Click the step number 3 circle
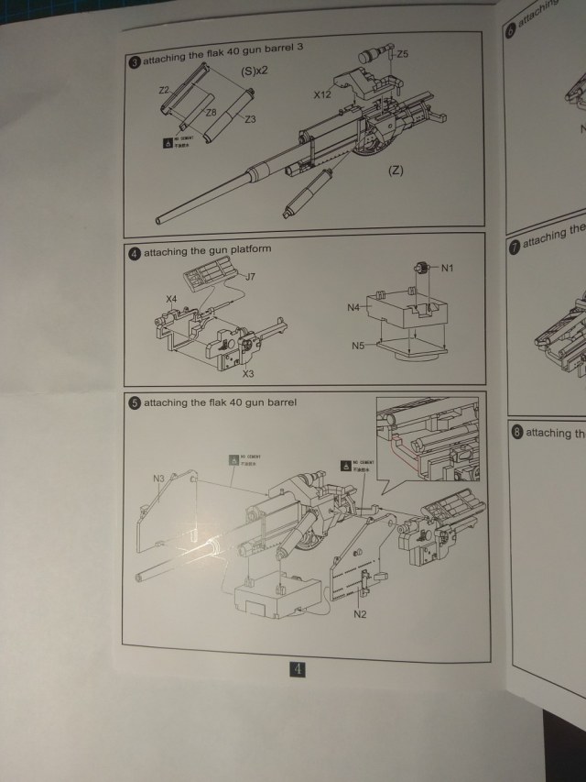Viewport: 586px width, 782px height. pos(136,61)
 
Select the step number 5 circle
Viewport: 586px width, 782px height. pos(135,402)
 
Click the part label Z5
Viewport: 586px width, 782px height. pos(403,54)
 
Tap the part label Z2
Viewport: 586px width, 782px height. pos(165,91)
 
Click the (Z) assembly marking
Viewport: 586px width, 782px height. pos(396,171)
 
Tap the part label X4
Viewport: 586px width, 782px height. pos(171,299)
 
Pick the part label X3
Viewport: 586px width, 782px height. pos(248,374)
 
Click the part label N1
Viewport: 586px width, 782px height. pos(448,268)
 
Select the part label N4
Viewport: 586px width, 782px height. pos(353,307)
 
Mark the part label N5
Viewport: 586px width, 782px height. pos(359,346)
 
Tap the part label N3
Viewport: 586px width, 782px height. pos(158,478)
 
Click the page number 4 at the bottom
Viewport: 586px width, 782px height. pos(299,669)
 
